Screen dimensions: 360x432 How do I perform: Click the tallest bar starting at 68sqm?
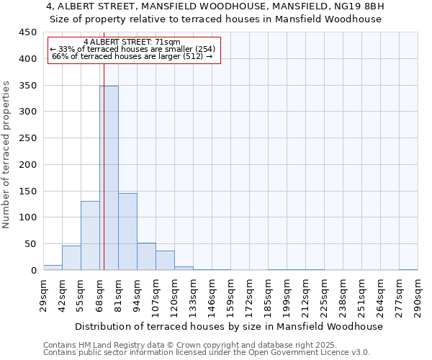point(109,178)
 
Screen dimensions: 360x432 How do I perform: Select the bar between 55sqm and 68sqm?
point(90,235)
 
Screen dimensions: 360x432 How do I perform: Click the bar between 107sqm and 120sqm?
point(165,260)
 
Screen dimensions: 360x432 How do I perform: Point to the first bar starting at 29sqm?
point(53,267)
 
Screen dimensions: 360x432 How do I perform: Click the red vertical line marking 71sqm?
point(104,144)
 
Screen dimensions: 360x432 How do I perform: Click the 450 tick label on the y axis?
point(28,32)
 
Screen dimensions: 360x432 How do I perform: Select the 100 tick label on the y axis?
point(28,217)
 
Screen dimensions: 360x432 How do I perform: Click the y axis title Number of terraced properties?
point(6,155)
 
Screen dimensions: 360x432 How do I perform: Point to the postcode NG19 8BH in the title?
point(361,6)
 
